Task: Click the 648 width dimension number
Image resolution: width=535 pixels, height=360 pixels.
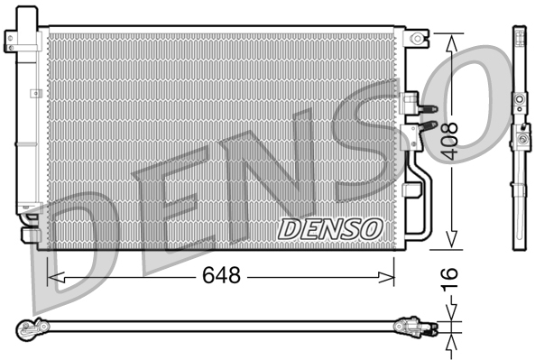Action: point(220,276)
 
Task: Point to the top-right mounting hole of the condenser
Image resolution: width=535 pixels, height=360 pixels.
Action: point(417,37)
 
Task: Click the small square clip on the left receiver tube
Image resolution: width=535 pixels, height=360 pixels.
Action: point(33,93)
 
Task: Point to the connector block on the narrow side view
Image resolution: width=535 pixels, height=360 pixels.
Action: point(520,138)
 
